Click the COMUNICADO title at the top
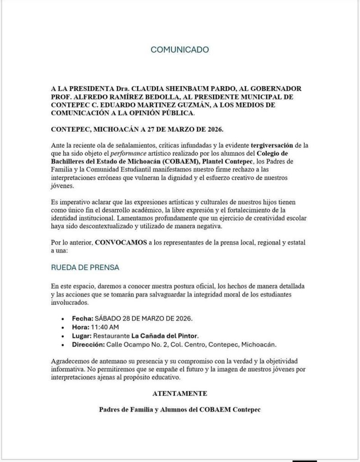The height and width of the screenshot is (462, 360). [180, 49]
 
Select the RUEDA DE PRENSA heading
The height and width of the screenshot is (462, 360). [85, 268]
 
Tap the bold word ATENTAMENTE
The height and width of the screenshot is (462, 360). [180, 393]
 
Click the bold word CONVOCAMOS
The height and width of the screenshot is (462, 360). [121, 242]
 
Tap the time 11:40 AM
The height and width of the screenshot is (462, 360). [106, 327]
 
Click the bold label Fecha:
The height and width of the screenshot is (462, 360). [83, 318]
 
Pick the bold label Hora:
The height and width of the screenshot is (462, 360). [82, 327]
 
